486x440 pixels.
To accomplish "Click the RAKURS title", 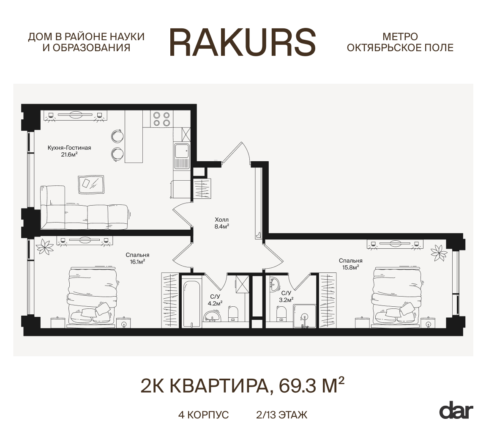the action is (x=243, y=42).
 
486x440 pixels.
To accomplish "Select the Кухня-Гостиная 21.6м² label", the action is (x=69, y=151).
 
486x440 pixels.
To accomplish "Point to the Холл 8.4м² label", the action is (x=221, y=223).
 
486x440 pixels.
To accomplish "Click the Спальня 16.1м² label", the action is (x=138, y=258).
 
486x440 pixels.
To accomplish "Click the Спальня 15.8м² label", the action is (x=350, y=264).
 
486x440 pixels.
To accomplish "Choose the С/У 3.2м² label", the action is (x=287, y=297).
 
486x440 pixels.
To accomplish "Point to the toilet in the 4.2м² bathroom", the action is (x=233, y=313).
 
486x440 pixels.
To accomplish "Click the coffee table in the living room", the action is (x=91, y=184).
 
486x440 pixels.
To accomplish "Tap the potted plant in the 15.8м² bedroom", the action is (x=439, y=253).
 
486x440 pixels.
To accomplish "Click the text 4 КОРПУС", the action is (x=203, y=415).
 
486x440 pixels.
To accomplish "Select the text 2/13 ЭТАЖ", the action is (x=282, y=415).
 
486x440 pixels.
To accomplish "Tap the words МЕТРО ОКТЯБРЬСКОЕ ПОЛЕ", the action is (x=400, y=42).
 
